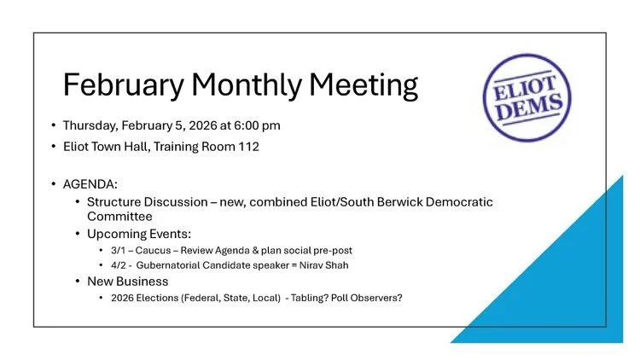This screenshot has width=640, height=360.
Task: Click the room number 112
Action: click(246, 146)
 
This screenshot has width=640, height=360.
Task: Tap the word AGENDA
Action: click(90, 184)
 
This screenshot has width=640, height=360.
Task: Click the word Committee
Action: click(119, 217)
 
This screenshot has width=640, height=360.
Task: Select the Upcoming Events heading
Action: click(139, 234)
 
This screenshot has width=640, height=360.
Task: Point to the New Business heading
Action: click(127, 281)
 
